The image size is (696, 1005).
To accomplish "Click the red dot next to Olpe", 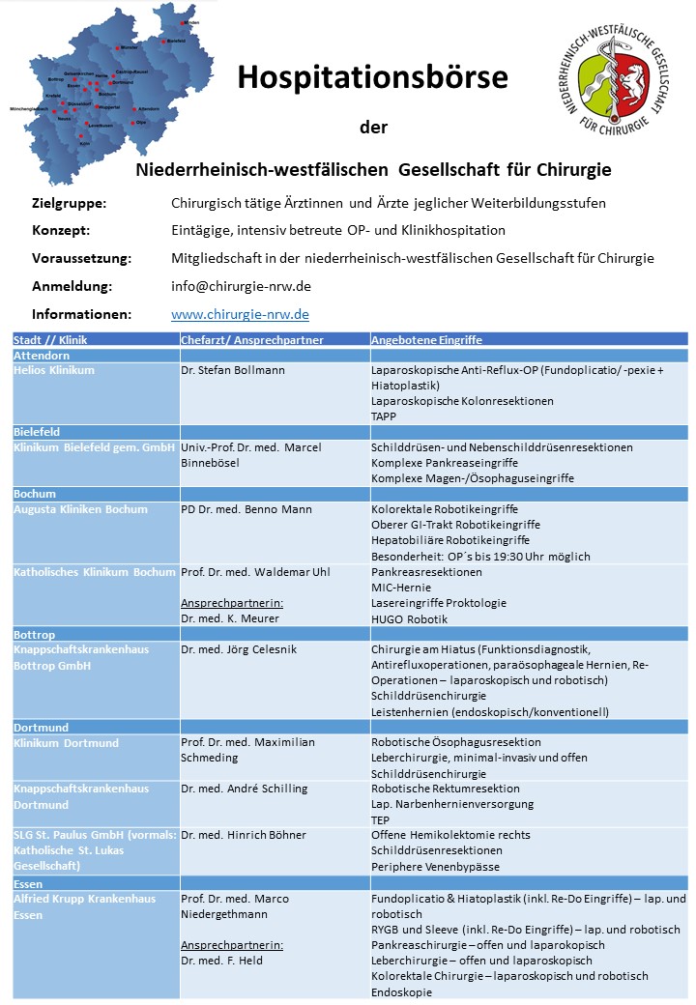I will pos(132,123).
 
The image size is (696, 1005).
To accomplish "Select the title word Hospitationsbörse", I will pos(373,76).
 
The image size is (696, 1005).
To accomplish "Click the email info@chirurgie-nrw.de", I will pos(241,286).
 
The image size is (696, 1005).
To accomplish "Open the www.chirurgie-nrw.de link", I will pos(240,314).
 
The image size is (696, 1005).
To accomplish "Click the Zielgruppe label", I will pos(69,203).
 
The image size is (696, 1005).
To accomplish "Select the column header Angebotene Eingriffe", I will pos(426,340).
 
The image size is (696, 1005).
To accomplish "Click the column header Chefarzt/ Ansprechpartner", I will pos(251,340).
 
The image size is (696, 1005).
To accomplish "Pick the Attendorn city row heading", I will pos(42,355).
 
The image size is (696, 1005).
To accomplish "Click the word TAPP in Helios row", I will pos(384,416).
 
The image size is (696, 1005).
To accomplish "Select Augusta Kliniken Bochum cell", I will pos(80,509).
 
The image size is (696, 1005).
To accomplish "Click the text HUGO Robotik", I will pos(409,617).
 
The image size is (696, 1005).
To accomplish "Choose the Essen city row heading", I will pos(28,883).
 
